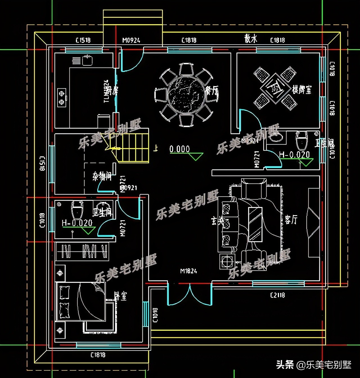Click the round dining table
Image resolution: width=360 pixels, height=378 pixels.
[186, 95]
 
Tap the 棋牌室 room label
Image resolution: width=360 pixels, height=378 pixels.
[302, 90]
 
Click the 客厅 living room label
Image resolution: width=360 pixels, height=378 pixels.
[291, 220]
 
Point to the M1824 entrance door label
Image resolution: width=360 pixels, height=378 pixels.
[188, 271]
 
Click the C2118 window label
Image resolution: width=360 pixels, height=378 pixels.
[277, 295]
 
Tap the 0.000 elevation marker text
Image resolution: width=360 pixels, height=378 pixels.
[179, 149]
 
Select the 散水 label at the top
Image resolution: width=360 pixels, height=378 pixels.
[251, 39]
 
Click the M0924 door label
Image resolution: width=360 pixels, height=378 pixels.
[131, 40]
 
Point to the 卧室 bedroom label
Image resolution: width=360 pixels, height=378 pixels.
[121, 296]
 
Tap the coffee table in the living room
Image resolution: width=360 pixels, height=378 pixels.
[255, 224]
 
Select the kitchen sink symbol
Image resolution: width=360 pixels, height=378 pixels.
[87, 60]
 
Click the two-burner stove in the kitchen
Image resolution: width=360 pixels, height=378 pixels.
[62, 98]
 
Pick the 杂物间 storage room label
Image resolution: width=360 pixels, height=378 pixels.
[102, 176]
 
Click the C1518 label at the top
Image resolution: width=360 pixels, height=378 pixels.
[83, 40]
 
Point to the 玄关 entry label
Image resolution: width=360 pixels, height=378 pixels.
[217, 221]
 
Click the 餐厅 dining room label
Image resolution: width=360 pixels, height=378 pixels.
[211, 91]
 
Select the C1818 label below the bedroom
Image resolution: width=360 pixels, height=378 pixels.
[98, 355]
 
